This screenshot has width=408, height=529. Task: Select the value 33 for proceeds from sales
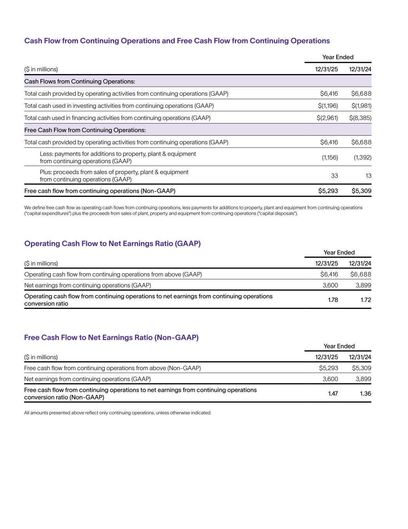pos(334,176)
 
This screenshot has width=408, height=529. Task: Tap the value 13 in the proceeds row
pos(368,176)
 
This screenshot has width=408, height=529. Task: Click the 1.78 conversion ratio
pos(333,300)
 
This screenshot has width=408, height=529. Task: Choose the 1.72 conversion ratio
pos(366,300)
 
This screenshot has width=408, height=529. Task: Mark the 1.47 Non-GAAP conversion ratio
pos(333,393)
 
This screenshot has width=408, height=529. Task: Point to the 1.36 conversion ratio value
pos(365,393)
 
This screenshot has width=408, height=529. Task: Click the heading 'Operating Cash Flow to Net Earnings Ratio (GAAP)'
pos(112,243)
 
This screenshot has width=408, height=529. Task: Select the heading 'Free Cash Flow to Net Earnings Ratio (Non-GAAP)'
pos(111,337)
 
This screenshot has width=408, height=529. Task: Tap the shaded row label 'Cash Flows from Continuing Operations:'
pos(80,81)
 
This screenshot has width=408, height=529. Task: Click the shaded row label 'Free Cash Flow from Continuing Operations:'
pos(85,130)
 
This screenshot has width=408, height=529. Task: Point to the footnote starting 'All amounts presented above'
pos(118,413)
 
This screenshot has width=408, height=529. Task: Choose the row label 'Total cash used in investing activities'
pos(119,106)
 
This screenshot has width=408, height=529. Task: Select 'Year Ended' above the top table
pos(338,57)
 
